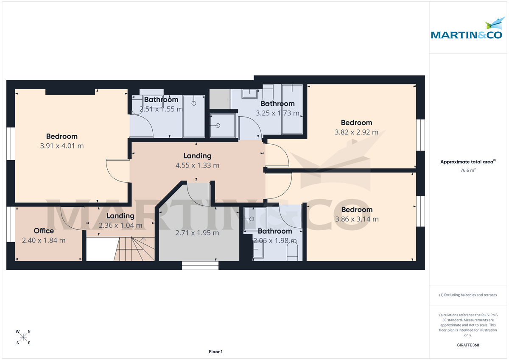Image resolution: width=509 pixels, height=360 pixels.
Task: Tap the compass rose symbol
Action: tap(23, 337)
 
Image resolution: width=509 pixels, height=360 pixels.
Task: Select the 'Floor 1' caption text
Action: tap(215, 352)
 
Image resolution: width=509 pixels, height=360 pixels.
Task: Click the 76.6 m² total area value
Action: tap(468, 170)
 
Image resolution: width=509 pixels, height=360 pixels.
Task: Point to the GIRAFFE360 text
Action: tap(468, 345)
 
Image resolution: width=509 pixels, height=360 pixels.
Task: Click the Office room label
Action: tap(44, 231)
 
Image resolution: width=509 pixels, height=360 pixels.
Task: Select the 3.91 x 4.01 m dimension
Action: tap(62, 146)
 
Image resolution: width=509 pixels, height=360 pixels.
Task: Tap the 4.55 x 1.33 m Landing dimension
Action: tap(197, 165)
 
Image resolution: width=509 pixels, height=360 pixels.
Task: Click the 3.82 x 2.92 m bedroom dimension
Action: tap(356, 132)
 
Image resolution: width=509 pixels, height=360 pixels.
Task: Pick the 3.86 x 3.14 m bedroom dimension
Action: tap(357, 219)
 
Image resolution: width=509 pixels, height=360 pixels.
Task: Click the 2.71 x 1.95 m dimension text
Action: tap(197, 233)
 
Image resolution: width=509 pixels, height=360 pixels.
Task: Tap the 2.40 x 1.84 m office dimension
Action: tap(44, 240)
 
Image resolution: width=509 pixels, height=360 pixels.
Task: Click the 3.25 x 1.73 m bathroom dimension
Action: tap(277, 113)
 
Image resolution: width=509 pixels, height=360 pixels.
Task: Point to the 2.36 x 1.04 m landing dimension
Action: tap(120, 226)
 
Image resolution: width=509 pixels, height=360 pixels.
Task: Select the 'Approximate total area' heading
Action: tap(468, 162)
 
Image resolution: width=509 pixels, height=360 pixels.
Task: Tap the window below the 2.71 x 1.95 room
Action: tap(200, 265)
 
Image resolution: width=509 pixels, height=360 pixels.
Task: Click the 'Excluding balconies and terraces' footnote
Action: tap(468, 295)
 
